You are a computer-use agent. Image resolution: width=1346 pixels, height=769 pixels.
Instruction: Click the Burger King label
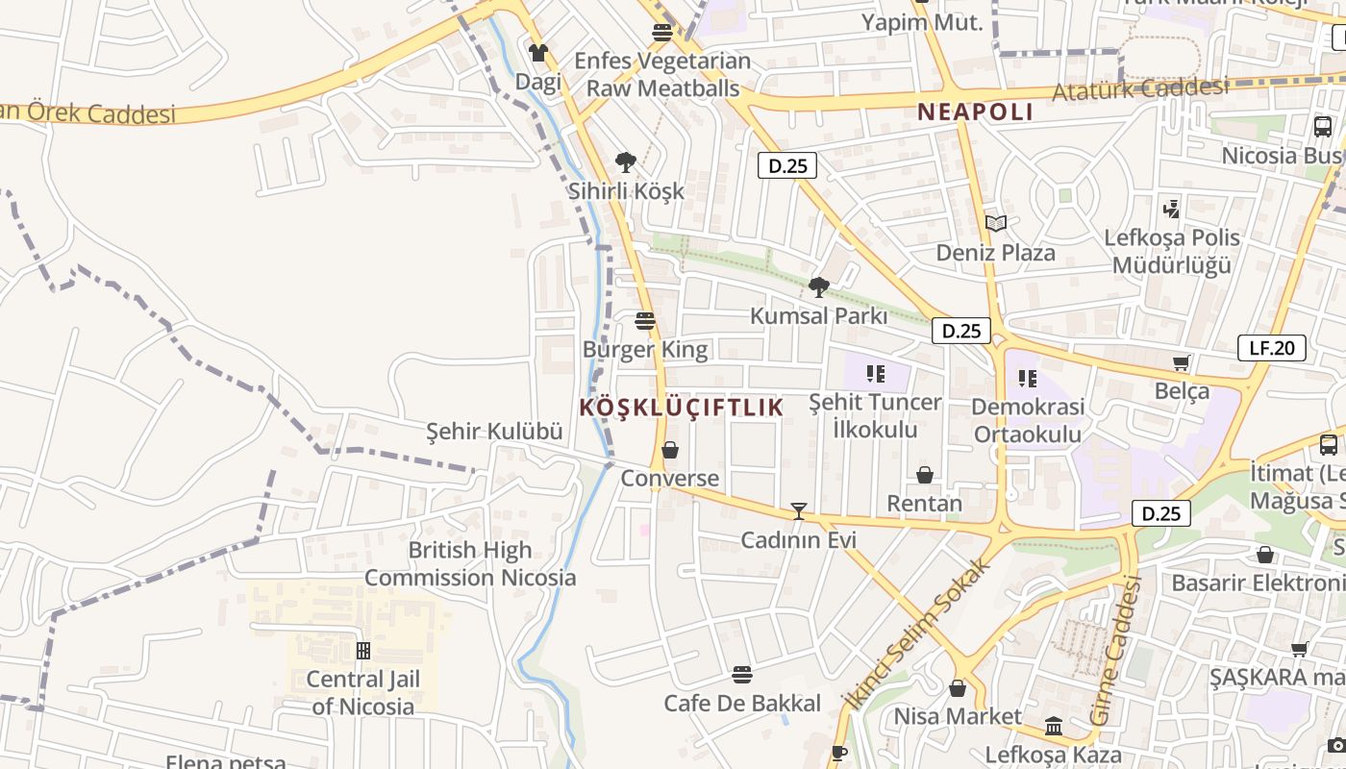(x=645, y=349)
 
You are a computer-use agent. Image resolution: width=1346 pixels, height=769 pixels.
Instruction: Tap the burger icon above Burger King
(x=645, y=320)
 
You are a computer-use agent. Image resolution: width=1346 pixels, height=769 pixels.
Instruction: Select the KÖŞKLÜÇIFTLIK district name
(x=682, y=408)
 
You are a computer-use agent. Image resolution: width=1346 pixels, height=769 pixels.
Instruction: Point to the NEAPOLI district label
(x=975, y=112)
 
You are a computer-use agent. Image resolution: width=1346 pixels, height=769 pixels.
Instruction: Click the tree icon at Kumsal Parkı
(x=818, y=286)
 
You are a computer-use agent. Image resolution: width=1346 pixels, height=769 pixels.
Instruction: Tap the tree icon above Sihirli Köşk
(x=626, y=161)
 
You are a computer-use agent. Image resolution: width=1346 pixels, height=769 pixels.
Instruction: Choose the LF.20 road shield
(x=1271, y=348)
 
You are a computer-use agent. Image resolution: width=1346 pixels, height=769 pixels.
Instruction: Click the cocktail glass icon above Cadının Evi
(x=798, y=510)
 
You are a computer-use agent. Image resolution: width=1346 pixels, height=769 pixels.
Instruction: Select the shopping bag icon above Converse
(x=670, y=449)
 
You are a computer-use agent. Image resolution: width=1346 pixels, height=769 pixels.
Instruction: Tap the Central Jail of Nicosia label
(x=363, y=693)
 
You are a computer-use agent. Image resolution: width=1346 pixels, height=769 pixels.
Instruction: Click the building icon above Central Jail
(x=363, y=651)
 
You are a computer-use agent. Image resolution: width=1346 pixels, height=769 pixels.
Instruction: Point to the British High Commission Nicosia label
(x=470, y=564)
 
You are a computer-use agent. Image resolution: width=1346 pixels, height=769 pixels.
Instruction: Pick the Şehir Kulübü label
(x=494, y=432)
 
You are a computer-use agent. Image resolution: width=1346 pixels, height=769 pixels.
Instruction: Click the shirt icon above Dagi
(x=538, y=52)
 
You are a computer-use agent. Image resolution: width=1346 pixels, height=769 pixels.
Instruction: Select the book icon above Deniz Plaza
(x=996, y=223)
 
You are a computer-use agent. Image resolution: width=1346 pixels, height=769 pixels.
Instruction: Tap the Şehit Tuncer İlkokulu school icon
(x=875, y=373)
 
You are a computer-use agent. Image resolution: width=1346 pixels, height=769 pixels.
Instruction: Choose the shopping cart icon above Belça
(x=1182, y=362)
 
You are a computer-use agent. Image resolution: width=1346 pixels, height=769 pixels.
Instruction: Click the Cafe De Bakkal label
(x=742, y=704)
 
